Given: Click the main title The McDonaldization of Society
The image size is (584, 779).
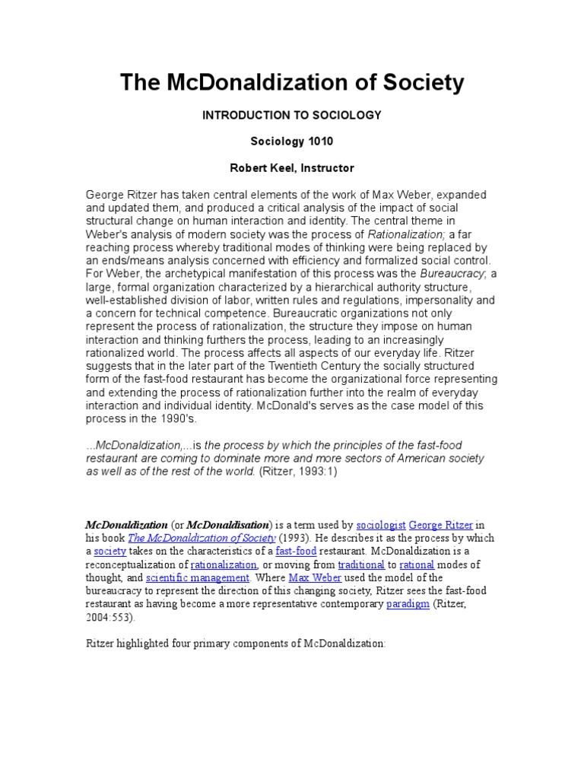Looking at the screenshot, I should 291,82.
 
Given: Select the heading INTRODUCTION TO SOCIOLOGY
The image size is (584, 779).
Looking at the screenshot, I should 291,115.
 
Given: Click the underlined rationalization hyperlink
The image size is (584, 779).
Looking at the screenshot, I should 224,564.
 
